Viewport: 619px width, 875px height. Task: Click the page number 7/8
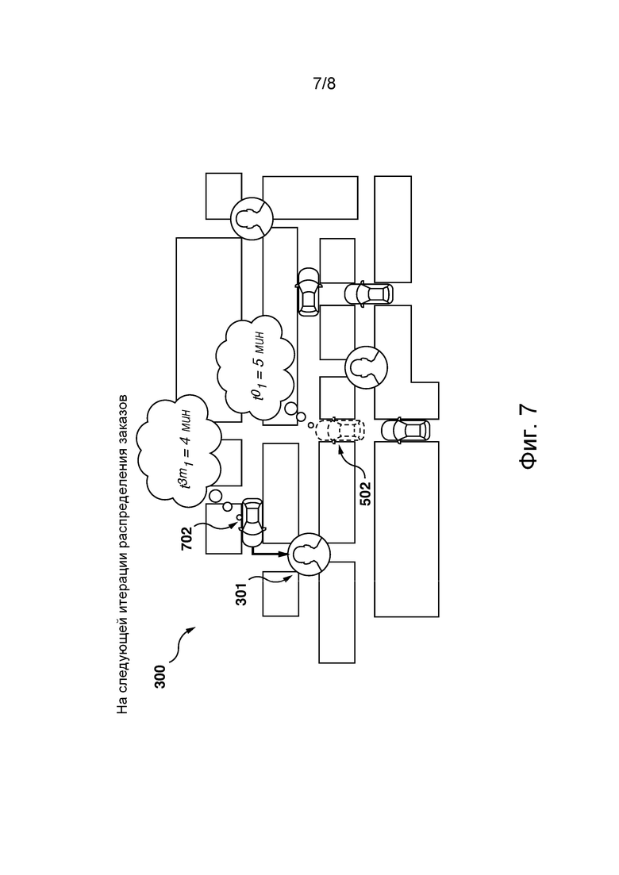click(x=325, y=84)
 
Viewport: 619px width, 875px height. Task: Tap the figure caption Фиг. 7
click(x=529, y=437)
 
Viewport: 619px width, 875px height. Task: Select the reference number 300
click(x=160, y=677)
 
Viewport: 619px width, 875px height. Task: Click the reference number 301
click(x=241, y=594)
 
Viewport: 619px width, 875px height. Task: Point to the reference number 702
click(x=187, y=538)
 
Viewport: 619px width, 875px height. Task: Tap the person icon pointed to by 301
click(x=309, y=554)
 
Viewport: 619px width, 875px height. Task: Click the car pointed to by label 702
click(x=253, y=522)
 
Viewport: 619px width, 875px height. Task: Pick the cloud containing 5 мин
click(x=255, y=367)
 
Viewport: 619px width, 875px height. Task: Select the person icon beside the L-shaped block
click(x=366, y=367)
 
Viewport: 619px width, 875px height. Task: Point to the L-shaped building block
click(x=406, y=362)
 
